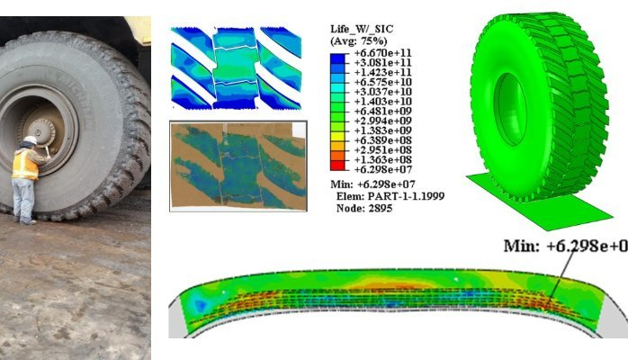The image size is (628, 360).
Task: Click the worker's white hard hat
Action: click(30, 140)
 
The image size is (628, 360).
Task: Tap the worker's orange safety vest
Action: click(25, 164)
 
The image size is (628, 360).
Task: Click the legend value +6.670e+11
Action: click(383, 53)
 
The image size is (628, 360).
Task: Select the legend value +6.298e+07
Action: click(383, 169)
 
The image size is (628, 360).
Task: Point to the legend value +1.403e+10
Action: click(383, 102)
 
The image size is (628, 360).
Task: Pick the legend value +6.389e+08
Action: click(383, 140)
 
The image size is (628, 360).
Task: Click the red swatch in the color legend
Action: click(337, 166)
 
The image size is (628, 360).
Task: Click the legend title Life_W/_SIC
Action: click(362, 29)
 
